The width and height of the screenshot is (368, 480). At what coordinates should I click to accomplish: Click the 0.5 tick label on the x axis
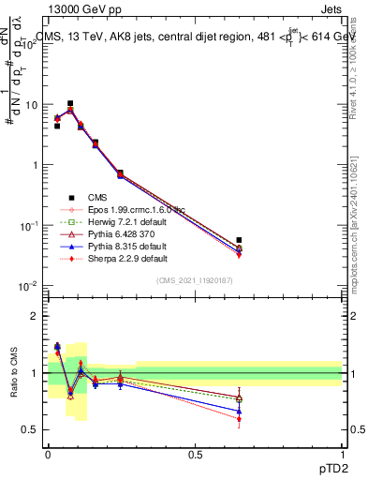pyautogui.click(x=195, y=454)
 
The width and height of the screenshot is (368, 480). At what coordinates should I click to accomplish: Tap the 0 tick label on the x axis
pyautogui.click(x=48, y=454)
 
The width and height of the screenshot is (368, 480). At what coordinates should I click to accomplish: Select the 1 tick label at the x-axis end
pyautogui.click(x=342, y=454)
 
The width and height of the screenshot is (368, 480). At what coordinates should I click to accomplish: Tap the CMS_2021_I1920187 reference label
pyautogui.click(x=195, y=280)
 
